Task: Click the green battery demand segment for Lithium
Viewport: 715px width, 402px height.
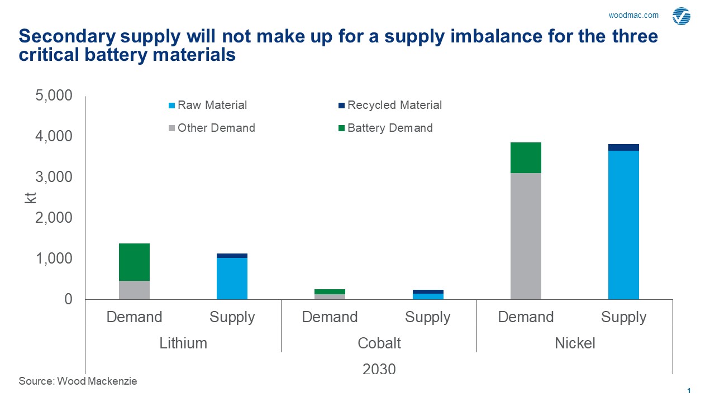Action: click(134, 262)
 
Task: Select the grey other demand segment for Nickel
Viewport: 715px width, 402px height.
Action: click(526, 236)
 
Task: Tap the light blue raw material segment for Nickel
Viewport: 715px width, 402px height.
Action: click(623, 224)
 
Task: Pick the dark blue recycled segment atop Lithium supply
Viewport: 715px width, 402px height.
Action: click(232, 256)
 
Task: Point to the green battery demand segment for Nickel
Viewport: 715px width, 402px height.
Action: click(526, 157)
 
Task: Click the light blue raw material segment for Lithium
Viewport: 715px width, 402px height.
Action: click(232, 278)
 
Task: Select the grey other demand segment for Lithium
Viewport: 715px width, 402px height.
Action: click(134, 290)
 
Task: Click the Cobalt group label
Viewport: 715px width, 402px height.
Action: click(379, 343)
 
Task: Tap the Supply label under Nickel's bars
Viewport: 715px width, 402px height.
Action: click(623, 317)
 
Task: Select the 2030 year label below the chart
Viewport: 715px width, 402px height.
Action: click(379, 369)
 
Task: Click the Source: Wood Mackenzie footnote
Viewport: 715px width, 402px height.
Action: click(78, 381)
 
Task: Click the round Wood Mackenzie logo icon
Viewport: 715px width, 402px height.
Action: click(681, 16)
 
